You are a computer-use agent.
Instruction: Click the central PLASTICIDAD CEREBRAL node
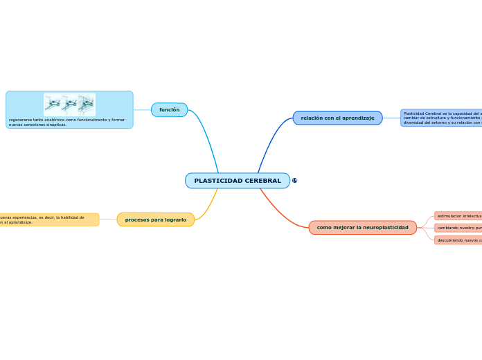pos(237,181)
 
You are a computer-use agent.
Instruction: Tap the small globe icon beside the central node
pos(294,181)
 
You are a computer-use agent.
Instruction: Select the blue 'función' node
pos(169,110)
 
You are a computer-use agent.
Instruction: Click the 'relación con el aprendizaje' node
pos(337,118)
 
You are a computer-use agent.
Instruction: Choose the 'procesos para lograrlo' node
pos(155,219)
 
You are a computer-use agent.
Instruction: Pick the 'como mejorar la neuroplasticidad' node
pos(362,228)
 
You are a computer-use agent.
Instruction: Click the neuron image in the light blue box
pos(69,105)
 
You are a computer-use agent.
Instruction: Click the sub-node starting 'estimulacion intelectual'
pos(458,216)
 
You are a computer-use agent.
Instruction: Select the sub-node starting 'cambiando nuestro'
pos(458,228)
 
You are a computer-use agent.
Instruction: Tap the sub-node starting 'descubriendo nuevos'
pos(458,240)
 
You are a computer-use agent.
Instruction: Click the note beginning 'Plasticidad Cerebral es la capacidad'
pos(442,118)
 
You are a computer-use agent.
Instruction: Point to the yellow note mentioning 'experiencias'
pos(48,219)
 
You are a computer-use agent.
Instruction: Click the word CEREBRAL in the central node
pos(262,181)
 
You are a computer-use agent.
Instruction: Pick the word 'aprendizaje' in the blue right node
pos(359,118)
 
